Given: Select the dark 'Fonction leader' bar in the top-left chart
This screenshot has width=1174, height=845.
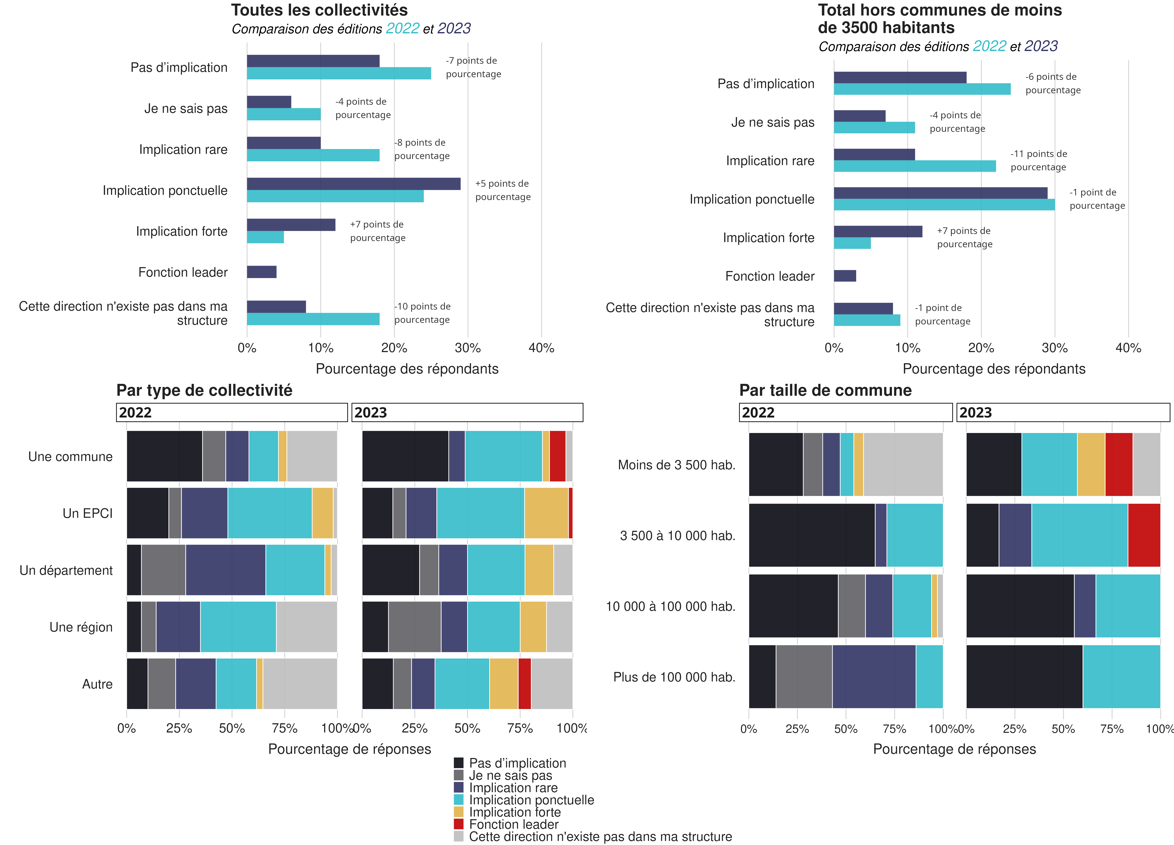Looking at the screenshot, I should click(261, 272).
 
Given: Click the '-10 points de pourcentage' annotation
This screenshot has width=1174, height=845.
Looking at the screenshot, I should click(422, 313).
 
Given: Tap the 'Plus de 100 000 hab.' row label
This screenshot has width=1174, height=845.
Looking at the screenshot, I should click(674, 677).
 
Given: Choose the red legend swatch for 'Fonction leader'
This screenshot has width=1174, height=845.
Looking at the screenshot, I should click(459, 824).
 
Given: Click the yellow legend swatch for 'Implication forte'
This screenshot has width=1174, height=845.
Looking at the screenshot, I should click(459, 811).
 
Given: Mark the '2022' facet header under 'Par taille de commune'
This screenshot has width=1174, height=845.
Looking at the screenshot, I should click(845, 412).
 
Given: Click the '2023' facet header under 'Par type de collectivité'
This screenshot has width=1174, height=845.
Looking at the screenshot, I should click(467, 412).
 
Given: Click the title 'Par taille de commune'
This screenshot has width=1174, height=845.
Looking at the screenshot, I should click(825, 390).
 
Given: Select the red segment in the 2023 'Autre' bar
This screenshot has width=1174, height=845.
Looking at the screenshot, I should click(524, 684).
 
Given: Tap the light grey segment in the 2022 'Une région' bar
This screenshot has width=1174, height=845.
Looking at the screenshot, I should click(306, 627).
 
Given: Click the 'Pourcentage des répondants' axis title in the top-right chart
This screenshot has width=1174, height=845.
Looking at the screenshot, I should click(994, 369).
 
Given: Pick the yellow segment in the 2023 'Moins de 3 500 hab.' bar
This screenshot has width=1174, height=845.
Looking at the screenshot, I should click(1091, 464).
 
